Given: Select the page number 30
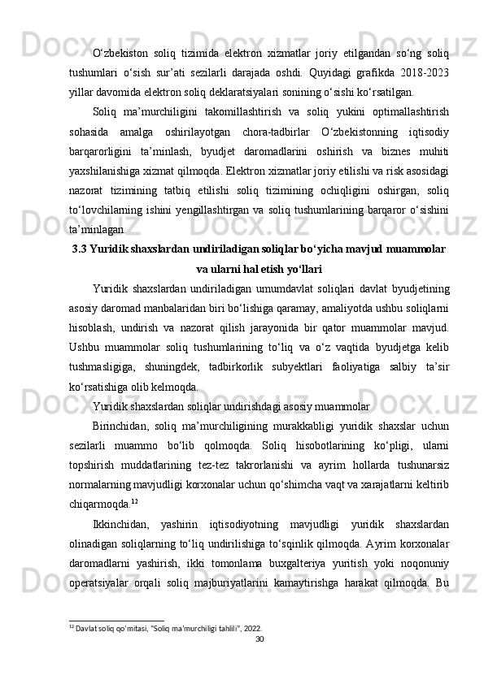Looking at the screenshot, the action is pos(259,639).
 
